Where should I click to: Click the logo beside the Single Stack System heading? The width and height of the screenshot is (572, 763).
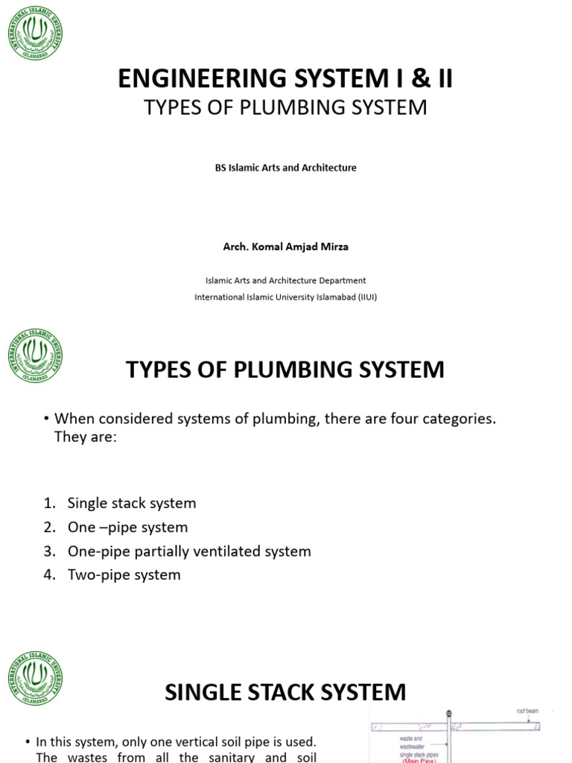coord(35,677)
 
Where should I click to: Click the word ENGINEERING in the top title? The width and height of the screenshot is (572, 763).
coord(199,78)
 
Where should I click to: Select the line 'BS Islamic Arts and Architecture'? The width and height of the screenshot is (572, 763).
coord(285,168)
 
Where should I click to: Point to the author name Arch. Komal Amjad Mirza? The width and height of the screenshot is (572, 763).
coord(285,247)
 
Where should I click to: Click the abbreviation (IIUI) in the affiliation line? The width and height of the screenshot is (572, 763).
coord(363,297)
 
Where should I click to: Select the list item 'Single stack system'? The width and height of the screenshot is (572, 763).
coord(132,503)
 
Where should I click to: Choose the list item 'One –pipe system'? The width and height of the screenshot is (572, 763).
coord(127,527)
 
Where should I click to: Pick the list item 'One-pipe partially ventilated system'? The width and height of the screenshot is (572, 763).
coord(189,551)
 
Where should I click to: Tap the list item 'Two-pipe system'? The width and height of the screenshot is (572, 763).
coord(124,574)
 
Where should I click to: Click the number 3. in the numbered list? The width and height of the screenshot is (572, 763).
coord(50,551)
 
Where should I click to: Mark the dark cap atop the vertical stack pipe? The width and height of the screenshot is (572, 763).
coord(449,713)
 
